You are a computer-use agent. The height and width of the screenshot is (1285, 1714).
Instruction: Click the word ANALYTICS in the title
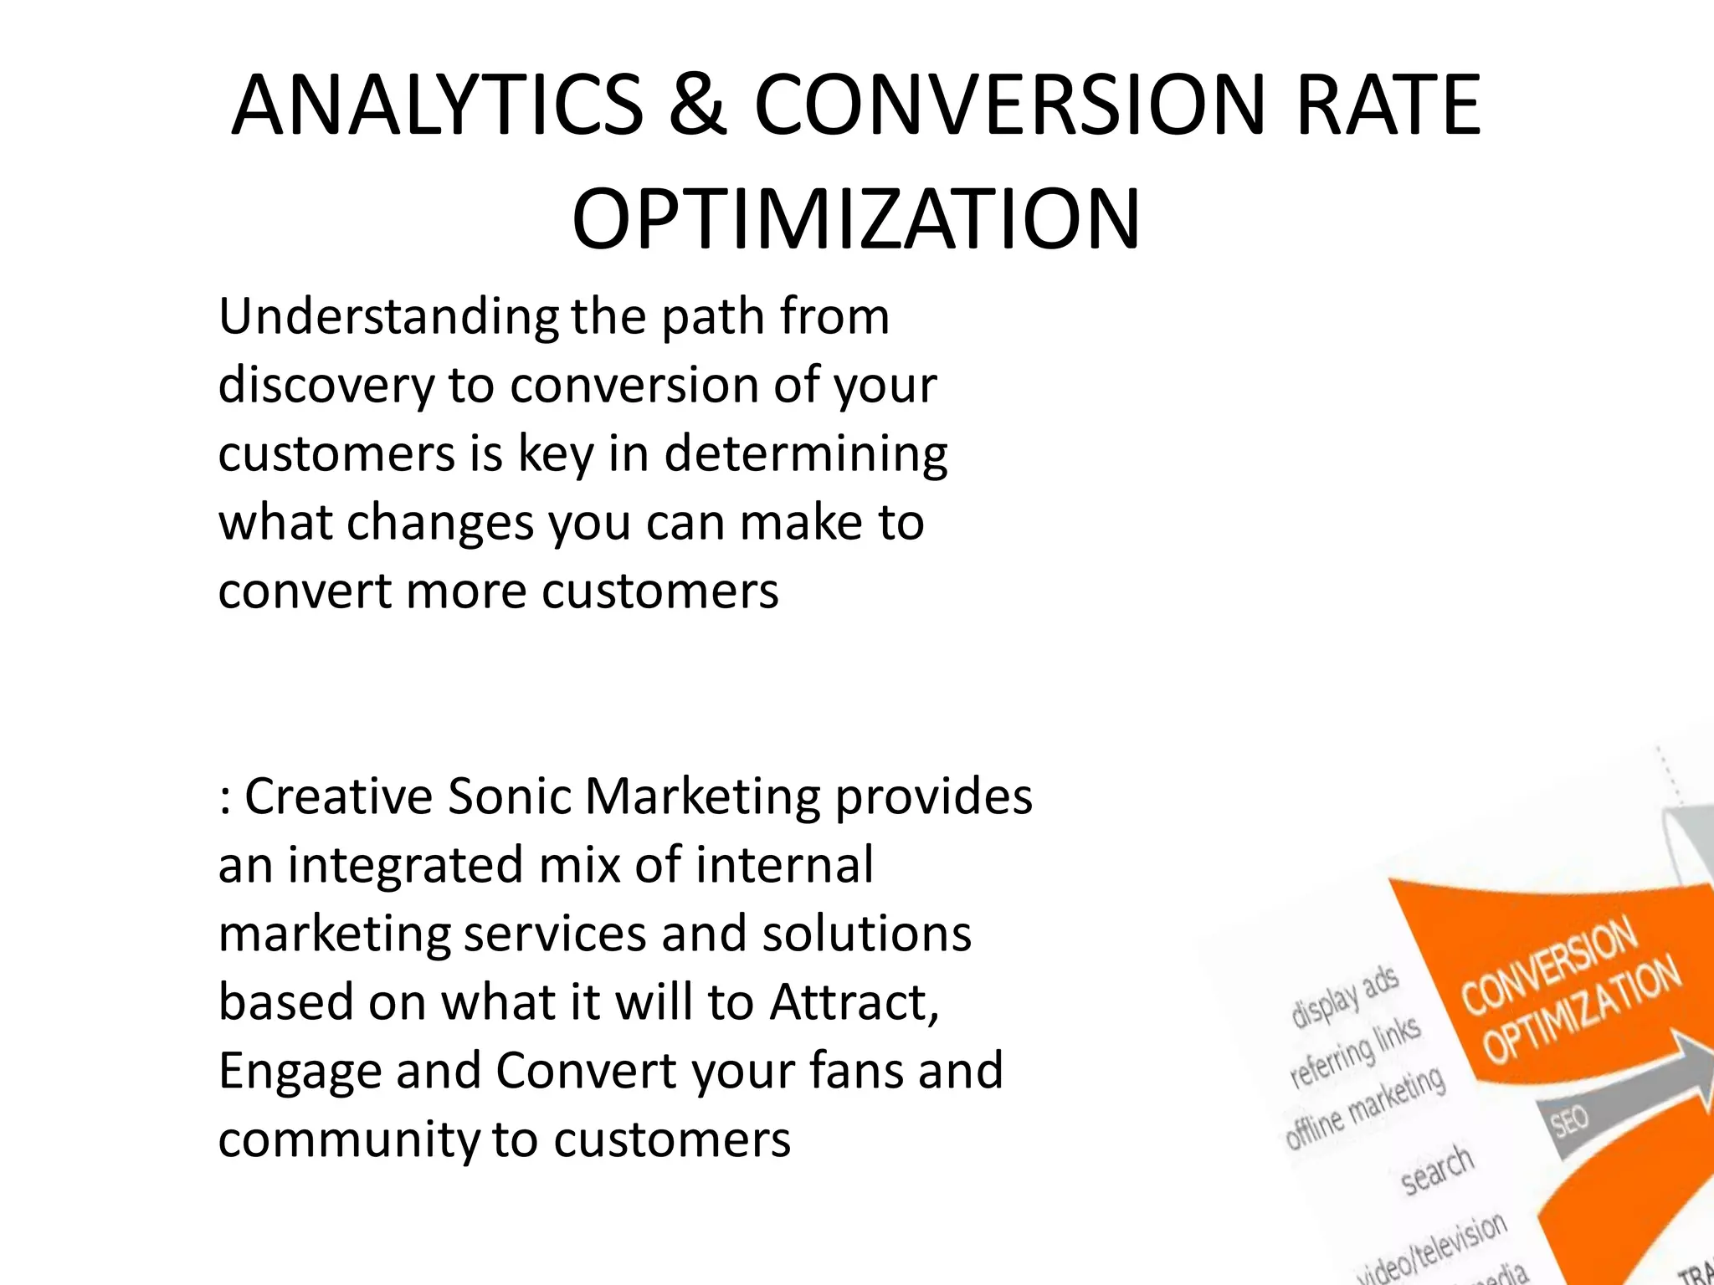click(x=437, y=105)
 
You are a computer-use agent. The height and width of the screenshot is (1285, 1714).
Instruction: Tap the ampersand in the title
click(x=697, y=105)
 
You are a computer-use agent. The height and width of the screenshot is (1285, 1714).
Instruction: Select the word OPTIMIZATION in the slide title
click(x=855, y=220)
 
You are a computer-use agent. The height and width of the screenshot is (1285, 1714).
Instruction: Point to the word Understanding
click(x=388, y=318)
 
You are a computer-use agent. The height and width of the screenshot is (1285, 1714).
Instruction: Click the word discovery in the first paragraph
click(x=326, y=387)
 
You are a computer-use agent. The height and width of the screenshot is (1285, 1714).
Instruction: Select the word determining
click(x=806, y=454)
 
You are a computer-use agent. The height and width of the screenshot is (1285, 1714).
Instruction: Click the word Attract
click(x=854, y=1002)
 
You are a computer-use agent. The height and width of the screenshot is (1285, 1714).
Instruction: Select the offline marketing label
click(x=1365, y=1108)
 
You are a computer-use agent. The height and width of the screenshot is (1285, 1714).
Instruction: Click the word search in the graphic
click(x=1437, y=1169)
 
